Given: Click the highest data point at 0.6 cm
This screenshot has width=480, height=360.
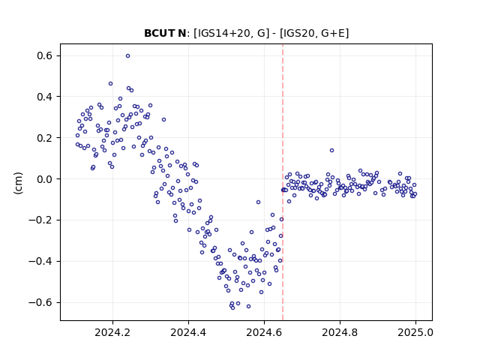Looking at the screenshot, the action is click(128, 55).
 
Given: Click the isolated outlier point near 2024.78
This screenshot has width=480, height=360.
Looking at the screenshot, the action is click(331, 150).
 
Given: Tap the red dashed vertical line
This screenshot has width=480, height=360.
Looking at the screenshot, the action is click(283, 182).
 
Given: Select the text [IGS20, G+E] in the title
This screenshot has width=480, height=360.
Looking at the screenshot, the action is click(314, 33).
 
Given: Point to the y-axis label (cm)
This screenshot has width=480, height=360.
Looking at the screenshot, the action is click(18, 183).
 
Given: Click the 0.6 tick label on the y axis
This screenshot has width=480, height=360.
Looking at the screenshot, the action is click(45, 55).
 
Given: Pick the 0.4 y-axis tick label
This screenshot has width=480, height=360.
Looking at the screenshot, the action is click(45, 97).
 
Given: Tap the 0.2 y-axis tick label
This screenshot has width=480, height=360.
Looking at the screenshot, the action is click(45, 138).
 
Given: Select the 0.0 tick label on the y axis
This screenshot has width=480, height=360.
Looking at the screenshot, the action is click(45, 179).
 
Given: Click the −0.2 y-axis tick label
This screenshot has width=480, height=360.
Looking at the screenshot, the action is click(40, 220).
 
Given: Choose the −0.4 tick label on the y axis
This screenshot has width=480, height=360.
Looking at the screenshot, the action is click(40, 262).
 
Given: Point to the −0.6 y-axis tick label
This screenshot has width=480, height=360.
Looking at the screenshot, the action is click(40, 302).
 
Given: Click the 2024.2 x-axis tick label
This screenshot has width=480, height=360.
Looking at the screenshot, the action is click(112, 332).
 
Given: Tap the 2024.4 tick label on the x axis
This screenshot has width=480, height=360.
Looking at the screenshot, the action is click(188, 332).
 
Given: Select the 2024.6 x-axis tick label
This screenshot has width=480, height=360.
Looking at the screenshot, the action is click(264, 332).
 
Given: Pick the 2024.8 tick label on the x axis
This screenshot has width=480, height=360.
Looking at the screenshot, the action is click(340, 332).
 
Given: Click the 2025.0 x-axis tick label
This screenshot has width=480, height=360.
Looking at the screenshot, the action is click(415, 332).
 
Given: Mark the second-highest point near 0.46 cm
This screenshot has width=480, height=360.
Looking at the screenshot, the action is click(110, 83).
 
